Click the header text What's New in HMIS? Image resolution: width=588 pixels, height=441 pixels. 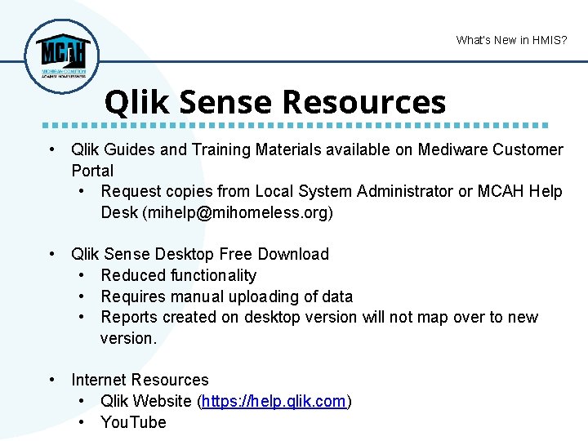click(511, 40)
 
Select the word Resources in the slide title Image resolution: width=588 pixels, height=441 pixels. click(364, 102)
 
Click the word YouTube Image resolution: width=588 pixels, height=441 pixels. click(133, 422)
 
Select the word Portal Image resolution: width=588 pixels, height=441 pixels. click(92, 171)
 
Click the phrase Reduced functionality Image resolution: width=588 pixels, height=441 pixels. click(178, 275)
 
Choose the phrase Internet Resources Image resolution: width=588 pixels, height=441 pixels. click(140, 380)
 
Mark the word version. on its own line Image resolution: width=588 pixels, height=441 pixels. click(128, 338)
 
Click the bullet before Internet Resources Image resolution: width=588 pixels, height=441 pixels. click(52, 380)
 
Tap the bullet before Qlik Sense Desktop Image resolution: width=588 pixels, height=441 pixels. click(52, 254)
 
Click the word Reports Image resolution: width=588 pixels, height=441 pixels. click(129, 317)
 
